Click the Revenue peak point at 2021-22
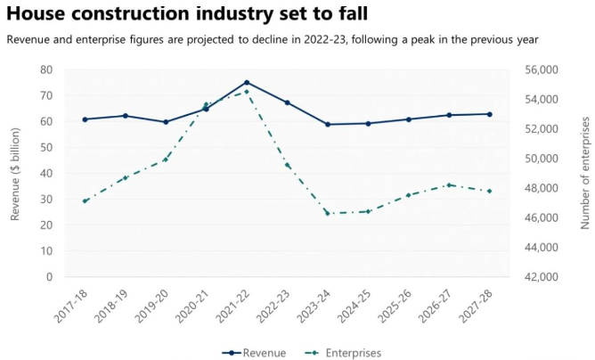(x=247, y=83)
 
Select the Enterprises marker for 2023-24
(x=328, y=213)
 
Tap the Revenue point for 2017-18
(x=86, y=119)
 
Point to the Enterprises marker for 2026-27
(x=449, y=184)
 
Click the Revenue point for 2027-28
(x=489, y=114)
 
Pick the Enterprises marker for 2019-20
(x=166, y=160)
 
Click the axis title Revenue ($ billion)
(x=15, y=173)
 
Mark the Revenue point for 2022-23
(x=288, y=102)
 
